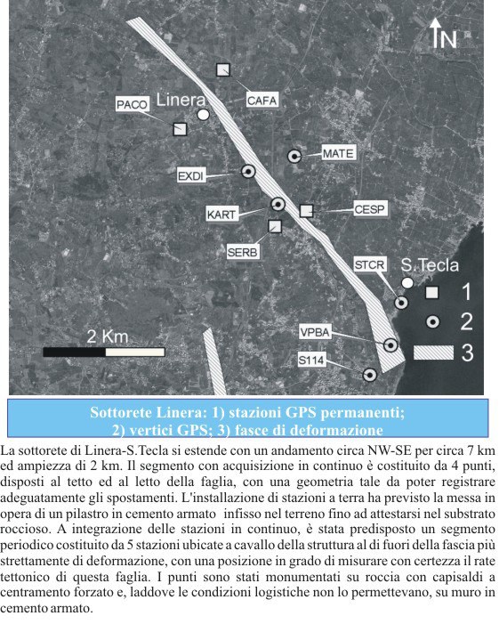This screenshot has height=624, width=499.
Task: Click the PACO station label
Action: pyautogui.click(x=132, y=105)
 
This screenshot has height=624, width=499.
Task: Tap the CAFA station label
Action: pyautogui.click(x=262, y=101)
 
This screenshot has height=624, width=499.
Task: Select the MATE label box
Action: pyautogui.click(x=338, y=154)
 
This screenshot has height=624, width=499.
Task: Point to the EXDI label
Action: pyautogui.click(x=190, y=176)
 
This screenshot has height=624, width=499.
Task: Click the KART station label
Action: pyautogui.click(x=220, y=215)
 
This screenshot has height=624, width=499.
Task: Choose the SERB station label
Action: pyautogui.click(x=243, y=252)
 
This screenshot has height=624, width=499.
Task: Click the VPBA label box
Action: pyautogui.click(x=315, y=332)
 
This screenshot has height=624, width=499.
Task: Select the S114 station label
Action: pyautogui.click(x=311, y=360)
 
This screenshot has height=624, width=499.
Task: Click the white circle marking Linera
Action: pyautogui.click(x=203, y=115)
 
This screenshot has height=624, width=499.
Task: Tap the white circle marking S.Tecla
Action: pyautogui.click(x=407, y=282)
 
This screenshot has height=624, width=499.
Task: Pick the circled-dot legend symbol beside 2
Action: pyautogui.click(x=431, y=321)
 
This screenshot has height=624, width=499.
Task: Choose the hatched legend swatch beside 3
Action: pyautogui.click(x=431, y=353)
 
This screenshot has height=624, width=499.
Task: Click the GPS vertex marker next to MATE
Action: pyautogui.click(x=294, y=156)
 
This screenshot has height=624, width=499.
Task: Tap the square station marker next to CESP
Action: pyautogui.click(x=306, y=210)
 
